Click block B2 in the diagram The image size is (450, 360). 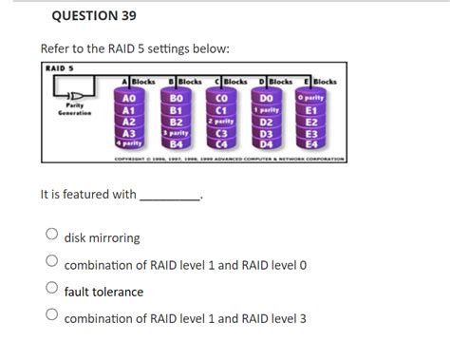click(175, 121)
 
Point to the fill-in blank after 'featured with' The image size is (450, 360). click(170, 195)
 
